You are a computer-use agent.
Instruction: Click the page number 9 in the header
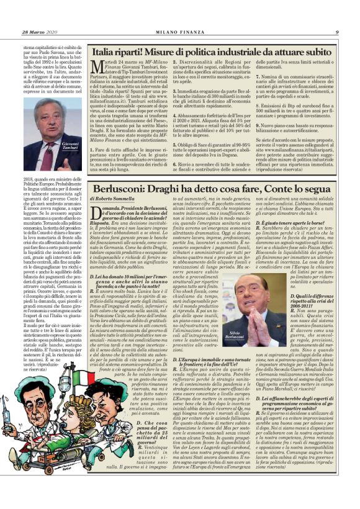pyautogui.click(x=336, y=32)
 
